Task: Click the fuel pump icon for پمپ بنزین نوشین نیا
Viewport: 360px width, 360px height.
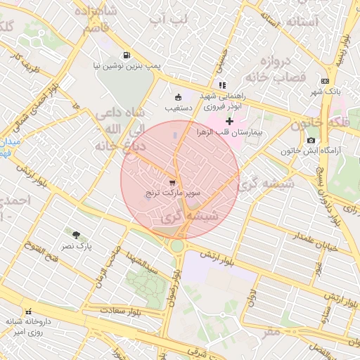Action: point(126,55)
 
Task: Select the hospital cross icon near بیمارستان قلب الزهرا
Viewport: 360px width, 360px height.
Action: point(229,121)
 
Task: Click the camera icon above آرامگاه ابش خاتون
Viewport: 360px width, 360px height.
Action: point(311,141)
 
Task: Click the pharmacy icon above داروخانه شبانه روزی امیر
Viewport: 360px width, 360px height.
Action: point(28,311)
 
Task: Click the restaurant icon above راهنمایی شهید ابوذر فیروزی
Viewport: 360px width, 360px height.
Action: point(222,85)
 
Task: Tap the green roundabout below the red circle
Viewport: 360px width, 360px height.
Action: point(176,246)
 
